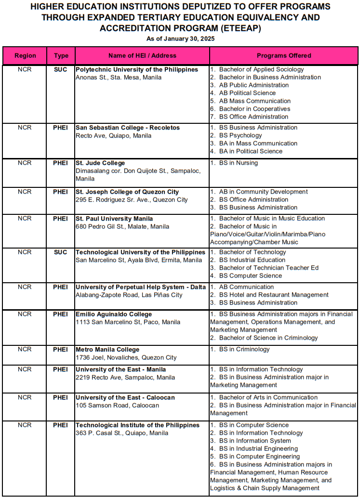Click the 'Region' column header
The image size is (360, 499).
coord(25,56)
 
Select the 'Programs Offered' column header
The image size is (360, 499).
coord(284,56)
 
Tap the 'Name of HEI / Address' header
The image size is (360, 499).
coord(142,56)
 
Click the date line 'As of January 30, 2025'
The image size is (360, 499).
coord(180,39)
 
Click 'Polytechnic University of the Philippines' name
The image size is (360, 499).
coord(137,70)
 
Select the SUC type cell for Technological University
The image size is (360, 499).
coord(61,252)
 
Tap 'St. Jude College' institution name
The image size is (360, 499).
coord(100,163)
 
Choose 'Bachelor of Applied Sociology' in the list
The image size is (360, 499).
coord(261,70)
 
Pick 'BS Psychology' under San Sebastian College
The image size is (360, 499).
coord(240,136)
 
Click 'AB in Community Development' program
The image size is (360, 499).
coord(263,192)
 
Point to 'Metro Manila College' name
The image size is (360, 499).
coord(107,350)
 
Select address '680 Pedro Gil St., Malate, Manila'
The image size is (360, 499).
coord(122,226)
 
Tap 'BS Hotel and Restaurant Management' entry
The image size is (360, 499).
coord(274,295)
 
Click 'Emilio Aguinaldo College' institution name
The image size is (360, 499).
coord(114,315)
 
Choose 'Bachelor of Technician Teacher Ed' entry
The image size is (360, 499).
coord(268,268)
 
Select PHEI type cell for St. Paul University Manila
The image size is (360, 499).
coord(61,219)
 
